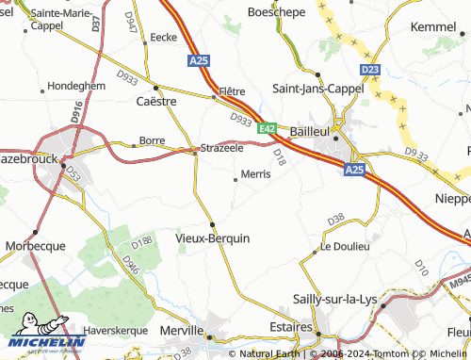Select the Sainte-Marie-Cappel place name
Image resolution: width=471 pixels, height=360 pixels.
(x=63, y=19)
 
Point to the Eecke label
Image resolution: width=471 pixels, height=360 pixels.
(x=163, y=37)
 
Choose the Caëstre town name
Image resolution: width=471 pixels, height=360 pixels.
(x=155, y=101)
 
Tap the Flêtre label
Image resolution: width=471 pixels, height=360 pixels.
(x=232, y=91)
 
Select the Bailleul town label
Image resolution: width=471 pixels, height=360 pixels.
(x=308, y=131)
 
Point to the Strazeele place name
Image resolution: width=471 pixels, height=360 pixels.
(x=222, y=149)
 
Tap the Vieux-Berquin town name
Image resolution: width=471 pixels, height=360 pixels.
(x=213, y=238)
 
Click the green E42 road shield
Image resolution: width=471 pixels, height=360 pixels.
(x=268, y=128)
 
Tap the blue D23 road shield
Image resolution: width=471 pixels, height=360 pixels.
(x=370, y=69)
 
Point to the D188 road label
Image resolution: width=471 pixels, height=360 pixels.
(x=142, y=243)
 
